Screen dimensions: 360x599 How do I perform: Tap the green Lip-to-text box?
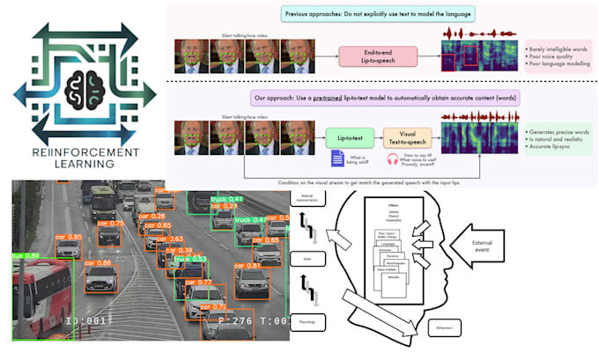(x=350, y=137)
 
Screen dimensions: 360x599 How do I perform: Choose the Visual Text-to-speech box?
(x=407, y=137)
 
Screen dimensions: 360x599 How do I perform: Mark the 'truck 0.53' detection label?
(x=189, y=259)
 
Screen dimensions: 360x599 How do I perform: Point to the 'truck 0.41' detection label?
(x=226, y=200)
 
